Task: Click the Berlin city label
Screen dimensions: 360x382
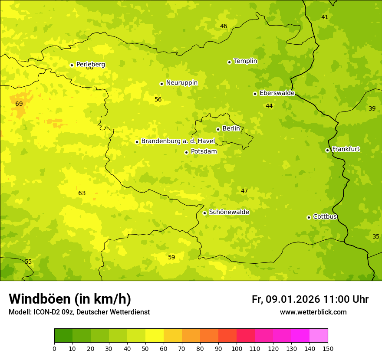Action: point(231,129)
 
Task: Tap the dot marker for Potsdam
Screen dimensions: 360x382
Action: point(186,152)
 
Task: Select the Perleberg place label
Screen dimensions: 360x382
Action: point(91,65)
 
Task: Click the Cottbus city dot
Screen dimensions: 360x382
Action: point(309,217)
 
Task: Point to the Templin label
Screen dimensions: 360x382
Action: point(245,61)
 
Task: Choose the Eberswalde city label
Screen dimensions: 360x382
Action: point(277,93)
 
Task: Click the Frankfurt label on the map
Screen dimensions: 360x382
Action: point(346,149)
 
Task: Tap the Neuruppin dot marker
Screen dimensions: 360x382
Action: point(161,84)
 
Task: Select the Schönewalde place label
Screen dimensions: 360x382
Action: point(229,212)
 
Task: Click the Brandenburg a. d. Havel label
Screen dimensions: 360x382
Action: point(178,141)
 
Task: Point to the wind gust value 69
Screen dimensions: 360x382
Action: point(19,104)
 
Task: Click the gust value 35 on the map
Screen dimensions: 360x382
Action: point(376,237)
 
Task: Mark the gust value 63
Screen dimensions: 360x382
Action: point(82,193)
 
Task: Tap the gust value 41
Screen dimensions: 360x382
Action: point(325,17)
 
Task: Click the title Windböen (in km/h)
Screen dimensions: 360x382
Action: point(70,299)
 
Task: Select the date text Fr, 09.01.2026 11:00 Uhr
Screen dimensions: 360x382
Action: point(310,299)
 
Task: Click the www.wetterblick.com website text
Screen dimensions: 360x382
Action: point(313,312)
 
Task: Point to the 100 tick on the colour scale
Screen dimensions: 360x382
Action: point(237,348)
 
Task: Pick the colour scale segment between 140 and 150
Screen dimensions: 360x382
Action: point(319,336)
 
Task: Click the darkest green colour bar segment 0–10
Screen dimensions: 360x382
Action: point(63,336)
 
